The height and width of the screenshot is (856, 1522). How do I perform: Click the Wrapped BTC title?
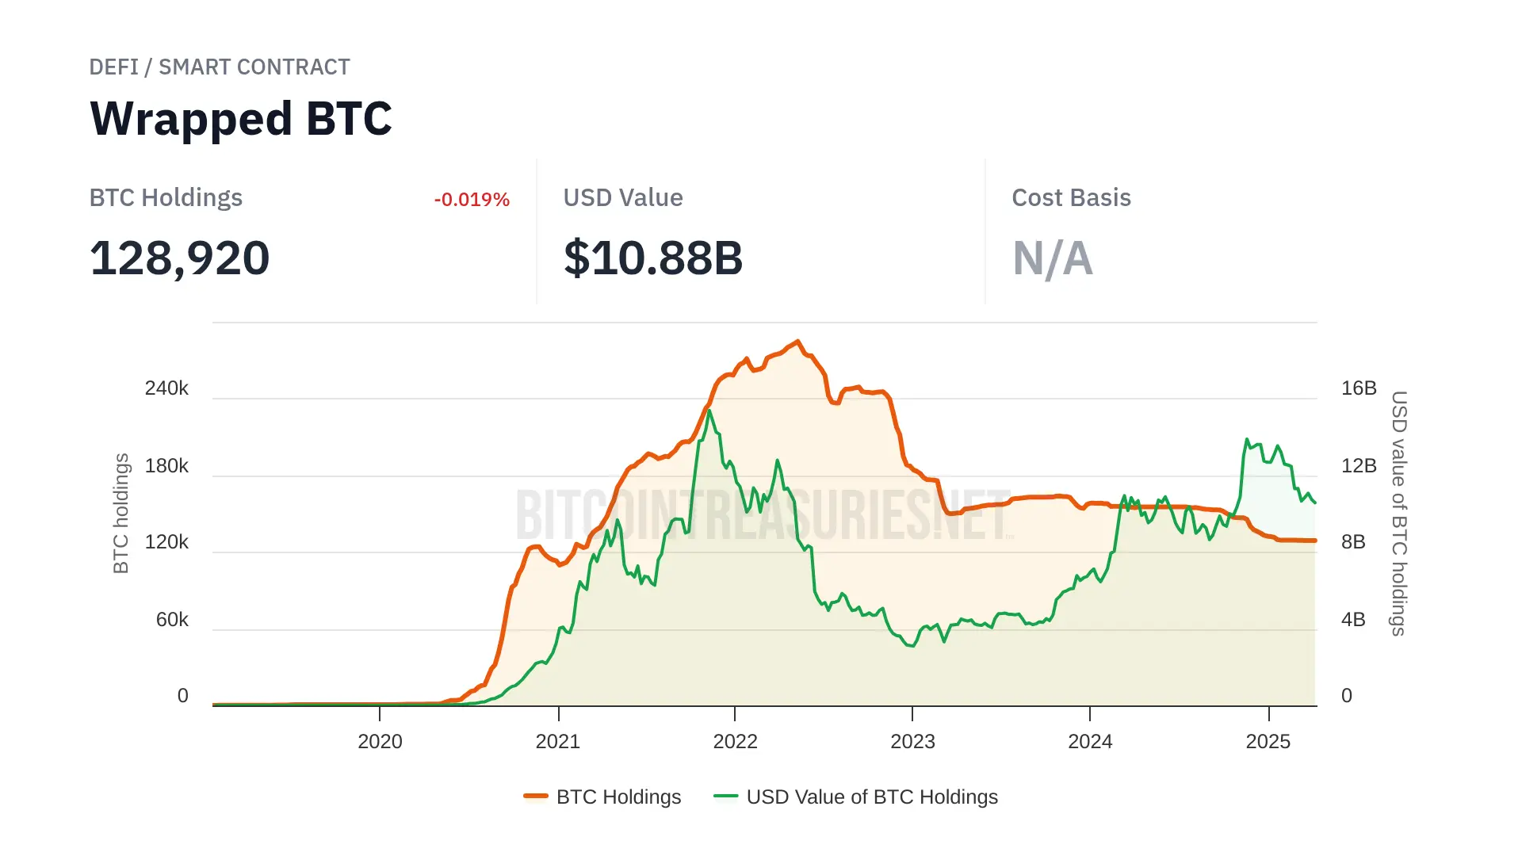pos(241,119)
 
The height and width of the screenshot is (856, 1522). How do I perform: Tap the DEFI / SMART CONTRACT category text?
pos(220,67)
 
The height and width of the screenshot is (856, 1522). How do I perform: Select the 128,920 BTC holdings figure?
pos(180,258)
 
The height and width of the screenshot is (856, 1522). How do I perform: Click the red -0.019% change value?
pos(472,200)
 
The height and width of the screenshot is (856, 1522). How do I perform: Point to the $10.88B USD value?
pos(653,258)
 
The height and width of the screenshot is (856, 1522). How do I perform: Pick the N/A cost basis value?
pos(1053,258)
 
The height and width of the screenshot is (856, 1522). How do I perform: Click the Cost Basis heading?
pos(1071,198)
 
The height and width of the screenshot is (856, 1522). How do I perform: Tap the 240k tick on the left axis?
pos(166,388)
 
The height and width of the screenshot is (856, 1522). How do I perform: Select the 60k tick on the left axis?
pos(172,620)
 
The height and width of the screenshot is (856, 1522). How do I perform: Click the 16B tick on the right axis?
pos(1359,388)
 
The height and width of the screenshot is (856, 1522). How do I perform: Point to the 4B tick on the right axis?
pos(1353,620)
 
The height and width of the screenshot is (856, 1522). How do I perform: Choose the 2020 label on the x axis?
pos(380,742)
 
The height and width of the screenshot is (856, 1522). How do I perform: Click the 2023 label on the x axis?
pos(912,742)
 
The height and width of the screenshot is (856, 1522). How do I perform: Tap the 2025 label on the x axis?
pos(1268,742)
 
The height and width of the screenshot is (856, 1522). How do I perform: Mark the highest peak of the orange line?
pos(798,342)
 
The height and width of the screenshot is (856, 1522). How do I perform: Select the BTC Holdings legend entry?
pos(602,797)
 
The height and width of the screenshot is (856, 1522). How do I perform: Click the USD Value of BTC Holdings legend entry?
pos(856,797)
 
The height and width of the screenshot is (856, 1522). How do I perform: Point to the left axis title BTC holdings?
pos(120,514)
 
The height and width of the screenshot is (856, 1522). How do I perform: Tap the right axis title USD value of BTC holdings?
pos(1399,514)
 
